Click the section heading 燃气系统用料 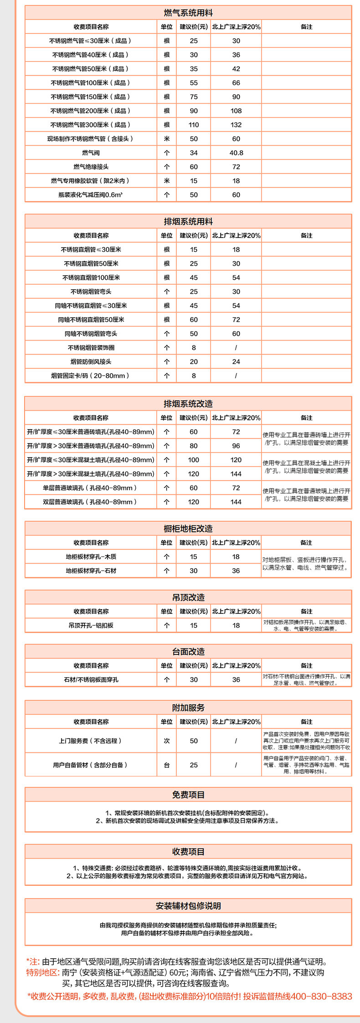pyautogui.click(x=188, y=13)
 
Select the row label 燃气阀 pyautogui.click(x=91, y=153)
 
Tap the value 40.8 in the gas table pyautogui.click(x=236, y=153)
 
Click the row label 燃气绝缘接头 pyautogui.click(x=91, y=167)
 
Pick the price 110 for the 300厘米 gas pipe pyautogui.click(x=194, y=125)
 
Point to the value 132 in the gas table pyautogui.click(x=236, y=125)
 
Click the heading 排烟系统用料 pyautogui.click(x=188, y=221)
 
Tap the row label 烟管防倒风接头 pyautogui.click(x=91, y=362)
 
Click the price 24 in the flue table pyautogui.click(x=236, y=362)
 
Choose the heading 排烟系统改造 pyautogui.click(x=188, y=404)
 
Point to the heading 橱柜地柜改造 pyautogui.click(x=188, y=529)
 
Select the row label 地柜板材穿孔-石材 pyautogui.click(x=91, y=571)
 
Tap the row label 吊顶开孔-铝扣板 pyautogui.click(x=91, y=626)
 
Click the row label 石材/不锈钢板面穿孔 pyautogui.click(x=91, y=680)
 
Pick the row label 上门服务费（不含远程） pyautogui.click(x=90, y=741)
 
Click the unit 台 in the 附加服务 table pyautogui.click(x=167, y=765)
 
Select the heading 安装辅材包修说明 pyautogui.click(x=188, y=906)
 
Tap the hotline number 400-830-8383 pyautogui.click(x=321, y=997)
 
